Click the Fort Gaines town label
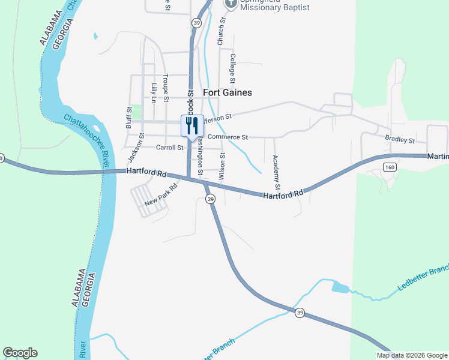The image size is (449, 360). click(228, 92)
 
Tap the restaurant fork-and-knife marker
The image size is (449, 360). click(192, 126)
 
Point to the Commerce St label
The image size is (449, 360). click(228, 137)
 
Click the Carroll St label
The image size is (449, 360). click(169, 148)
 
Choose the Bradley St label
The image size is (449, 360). click(400, 140)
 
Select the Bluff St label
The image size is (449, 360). click(128, 118)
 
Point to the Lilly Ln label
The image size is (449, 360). click(154, 93)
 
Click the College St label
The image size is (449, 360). click(233, 67)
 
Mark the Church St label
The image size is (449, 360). click(221, 31)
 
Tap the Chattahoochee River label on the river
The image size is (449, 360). click(88, 142)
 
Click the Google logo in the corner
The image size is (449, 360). click(20, 353)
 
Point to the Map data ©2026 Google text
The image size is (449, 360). click(412, 355)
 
